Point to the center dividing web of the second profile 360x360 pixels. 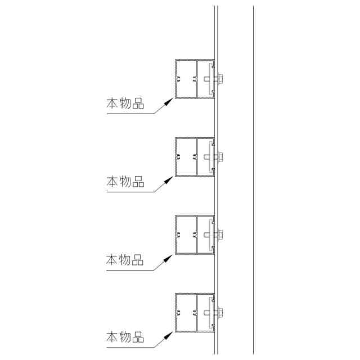tap(196, 156)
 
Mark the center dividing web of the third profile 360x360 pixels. tap(196, 235)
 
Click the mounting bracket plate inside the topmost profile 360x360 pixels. tap(210, 78)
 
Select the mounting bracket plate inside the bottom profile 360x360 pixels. tap(210, 313)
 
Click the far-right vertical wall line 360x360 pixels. tap(253, 180)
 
